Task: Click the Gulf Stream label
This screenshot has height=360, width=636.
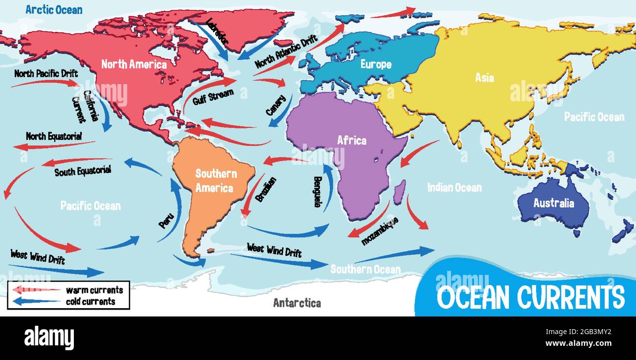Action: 212,96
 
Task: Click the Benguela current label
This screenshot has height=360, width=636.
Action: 318,192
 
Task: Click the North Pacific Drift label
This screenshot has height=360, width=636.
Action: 46,74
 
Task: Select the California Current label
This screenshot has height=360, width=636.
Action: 87,106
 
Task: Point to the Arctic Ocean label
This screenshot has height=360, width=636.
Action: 54,9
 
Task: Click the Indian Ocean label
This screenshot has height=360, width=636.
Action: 454,187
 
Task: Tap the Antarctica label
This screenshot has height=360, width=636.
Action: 297,303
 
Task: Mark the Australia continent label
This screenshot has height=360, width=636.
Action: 553,203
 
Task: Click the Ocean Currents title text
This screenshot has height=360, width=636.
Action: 530,297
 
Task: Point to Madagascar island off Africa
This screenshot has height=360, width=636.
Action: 400,192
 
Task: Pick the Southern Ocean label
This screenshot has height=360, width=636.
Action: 365,269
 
